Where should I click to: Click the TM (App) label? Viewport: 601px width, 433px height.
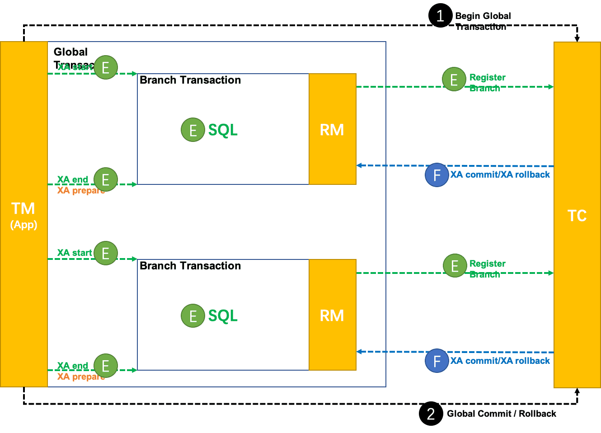tap(23, 215)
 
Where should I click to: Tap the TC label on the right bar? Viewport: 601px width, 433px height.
tap(577, 216)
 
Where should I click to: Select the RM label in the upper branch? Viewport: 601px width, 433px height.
tap(332, 130)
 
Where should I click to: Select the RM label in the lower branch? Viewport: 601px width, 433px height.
tap(332, 315)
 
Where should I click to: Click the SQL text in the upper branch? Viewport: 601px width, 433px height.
tap(223, 130)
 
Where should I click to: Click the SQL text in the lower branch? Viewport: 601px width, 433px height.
tap(223, 315)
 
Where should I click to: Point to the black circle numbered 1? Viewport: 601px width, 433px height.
tap(440, 16)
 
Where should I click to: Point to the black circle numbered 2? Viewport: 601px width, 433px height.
tap(431, 414)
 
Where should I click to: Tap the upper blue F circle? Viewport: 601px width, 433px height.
tap(437, 175)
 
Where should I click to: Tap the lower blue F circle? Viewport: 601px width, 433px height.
tap(437, 361)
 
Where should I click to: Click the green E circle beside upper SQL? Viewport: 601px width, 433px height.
tap(193, 130)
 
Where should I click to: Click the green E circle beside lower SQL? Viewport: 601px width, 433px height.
tap(193, 315)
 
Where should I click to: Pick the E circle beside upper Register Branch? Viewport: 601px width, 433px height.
tap(454, 80)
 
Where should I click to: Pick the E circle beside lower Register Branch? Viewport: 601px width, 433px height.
tap(455, 266)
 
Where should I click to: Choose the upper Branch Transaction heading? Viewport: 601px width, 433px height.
tap(190, 80)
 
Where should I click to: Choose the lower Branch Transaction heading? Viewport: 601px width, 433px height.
tap(190, 266)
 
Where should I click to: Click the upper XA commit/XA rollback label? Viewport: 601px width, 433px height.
tap(500, 175)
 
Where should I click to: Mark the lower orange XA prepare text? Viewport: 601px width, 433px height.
tap(80, 377)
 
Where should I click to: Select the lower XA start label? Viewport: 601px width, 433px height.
tap(75, 253)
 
